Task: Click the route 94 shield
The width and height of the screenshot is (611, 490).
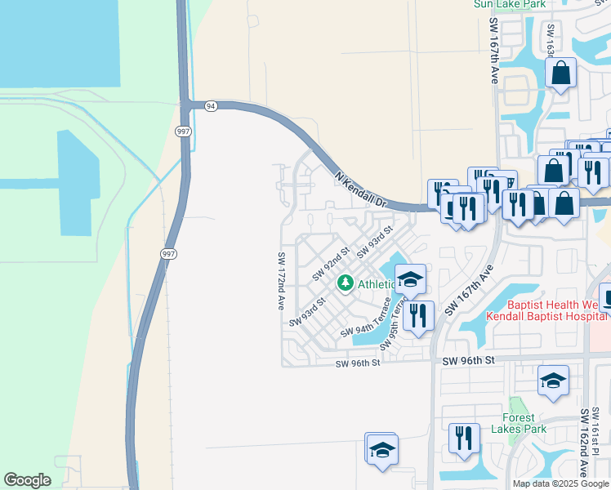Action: [x=211, y=105]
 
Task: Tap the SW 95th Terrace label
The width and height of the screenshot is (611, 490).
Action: [x=395, y=326]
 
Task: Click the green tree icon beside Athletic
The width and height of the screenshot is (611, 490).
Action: [x=346, y=283]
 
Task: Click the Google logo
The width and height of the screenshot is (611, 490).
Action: [x=27, y=480]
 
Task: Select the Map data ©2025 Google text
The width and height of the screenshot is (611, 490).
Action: [x=561, y=483]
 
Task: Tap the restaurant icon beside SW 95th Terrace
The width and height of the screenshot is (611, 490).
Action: [x=417, y=314]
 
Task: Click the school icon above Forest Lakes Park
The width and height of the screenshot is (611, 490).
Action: [x=553, y=381]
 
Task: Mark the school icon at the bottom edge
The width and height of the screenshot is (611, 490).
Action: [x=381, y=449]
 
